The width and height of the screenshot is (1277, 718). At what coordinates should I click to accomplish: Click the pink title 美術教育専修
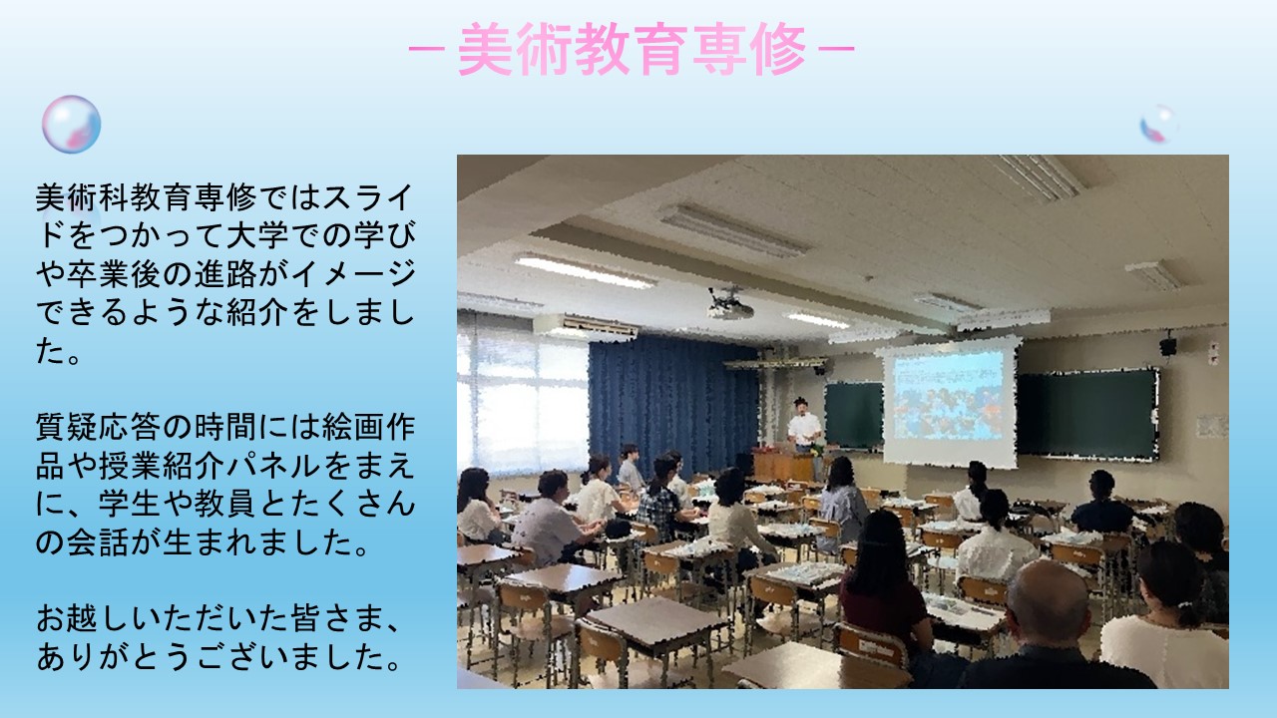coord(632,49)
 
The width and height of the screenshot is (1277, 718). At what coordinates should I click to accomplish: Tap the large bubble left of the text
coord(71,125)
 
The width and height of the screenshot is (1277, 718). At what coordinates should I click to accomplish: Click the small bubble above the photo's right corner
coord(1158,124)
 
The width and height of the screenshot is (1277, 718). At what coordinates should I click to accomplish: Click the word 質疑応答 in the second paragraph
coord(99,427)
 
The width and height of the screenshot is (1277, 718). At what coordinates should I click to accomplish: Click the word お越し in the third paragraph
coord(83,618)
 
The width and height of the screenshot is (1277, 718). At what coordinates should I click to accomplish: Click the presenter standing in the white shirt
coord(804,425)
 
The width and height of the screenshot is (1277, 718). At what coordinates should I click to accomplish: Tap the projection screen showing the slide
coord(949,402)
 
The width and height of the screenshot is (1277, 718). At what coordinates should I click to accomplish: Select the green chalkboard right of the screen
coord(1087,414)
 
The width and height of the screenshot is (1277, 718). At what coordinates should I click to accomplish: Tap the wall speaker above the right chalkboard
coord(1167,345)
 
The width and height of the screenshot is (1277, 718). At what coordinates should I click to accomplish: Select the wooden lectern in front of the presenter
coord(784,466)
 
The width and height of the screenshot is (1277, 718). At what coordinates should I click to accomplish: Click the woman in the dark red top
coord(883,592)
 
